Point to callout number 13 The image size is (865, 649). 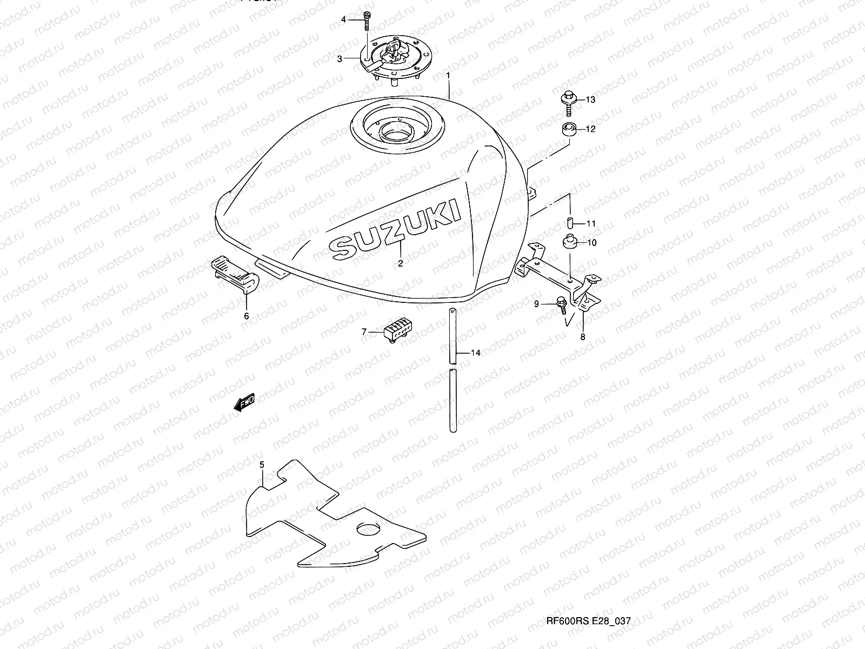(590, 100)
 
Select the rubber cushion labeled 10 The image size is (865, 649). (570, 242)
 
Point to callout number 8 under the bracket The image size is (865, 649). (582, 336)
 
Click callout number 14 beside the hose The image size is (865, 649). (475, 353)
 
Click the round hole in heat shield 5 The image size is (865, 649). (369, 528)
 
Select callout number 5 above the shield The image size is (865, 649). (262, 465)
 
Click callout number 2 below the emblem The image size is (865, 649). (401, 263)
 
